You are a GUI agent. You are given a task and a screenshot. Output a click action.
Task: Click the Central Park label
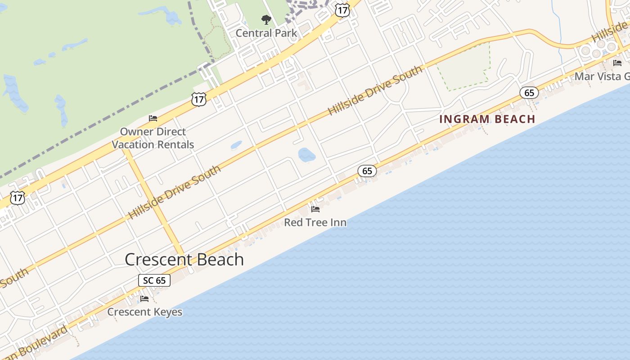[x=266, y=33]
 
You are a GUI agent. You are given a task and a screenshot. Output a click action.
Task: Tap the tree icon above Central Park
[x=266, y=20]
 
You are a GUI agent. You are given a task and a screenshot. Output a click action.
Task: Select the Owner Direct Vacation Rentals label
[x=153, y=138]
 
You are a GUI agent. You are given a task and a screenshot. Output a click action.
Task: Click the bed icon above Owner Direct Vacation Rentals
[x=153, y=118]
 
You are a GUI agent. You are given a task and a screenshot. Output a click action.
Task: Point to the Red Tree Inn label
[x=315, y=222]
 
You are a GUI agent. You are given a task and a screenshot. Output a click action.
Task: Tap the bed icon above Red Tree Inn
[x=315, y=209]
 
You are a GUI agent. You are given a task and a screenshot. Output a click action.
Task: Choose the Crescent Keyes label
[x=144, y=312]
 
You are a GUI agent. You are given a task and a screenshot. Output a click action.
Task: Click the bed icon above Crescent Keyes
[x=144, y=299]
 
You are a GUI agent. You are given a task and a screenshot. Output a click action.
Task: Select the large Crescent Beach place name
[x=184, y=260]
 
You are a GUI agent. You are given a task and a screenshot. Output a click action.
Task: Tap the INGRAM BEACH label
[x=487, y=119]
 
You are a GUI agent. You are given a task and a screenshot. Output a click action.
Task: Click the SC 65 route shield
[x=154, y=280]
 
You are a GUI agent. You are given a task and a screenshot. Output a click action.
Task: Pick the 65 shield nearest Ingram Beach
[x=529, y=93]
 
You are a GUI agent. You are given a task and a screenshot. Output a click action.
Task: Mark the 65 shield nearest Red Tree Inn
[x=367, y=171]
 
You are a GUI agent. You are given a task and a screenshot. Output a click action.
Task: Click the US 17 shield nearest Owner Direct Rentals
[x=198, y=99]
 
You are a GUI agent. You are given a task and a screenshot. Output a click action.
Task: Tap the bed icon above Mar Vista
[x=617, y=63]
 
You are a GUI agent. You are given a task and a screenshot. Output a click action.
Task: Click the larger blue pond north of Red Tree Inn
[x=306, y=155]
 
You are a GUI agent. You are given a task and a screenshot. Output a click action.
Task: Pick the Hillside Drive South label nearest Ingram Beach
[x=375, y=90]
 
